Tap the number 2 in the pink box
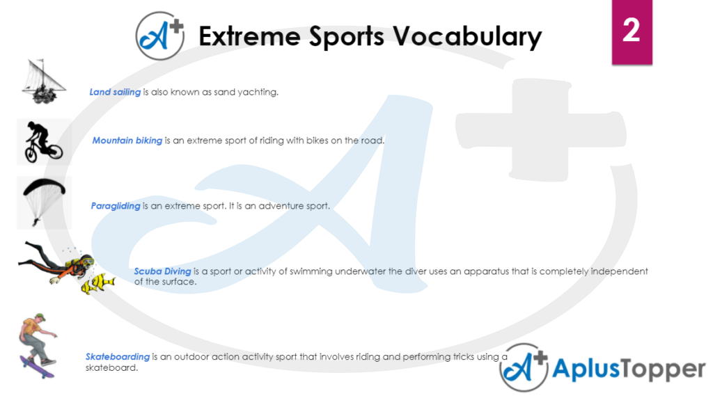coord(631,31)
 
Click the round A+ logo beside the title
coord(160,35)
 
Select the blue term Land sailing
coord(115,92)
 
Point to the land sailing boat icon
coord(43,82)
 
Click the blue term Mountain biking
coord(127,141)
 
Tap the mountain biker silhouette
coord(42,141)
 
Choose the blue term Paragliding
coord(116,206)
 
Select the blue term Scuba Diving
coord(162,271)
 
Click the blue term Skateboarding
coord(118,357)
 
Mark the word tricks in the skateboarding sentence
coord(441,357)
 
